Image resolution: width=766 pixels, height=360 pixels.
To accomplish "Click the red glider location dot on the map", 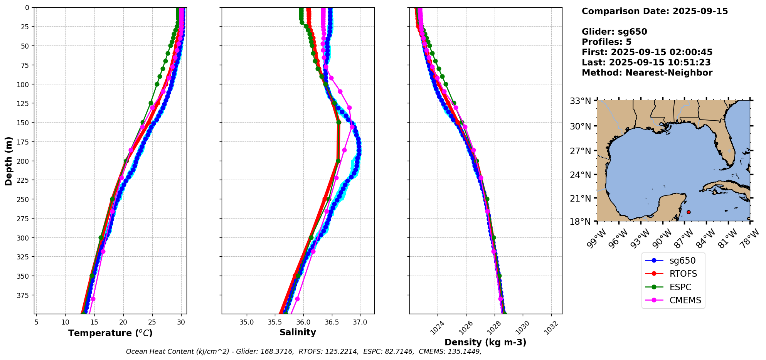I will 689,212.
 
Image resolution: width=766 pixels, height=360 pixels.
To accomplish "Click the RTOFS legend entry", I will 683,274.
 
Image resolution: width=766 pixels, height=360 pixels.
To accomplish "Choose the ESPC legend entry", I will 680,287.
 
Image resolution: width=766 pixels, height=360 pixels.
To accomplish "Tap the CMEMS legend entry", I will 685,301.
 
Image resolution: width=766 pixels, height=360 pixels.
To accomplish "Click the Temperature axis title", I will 110,333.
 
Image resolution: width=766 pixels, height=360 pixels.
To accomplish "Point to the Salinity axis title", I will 298,333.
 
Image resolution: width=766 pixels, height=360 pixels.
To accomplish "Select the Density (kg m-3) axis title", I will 485,342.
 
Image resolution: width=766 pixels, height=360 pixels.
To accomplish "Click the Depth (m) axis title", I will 9,161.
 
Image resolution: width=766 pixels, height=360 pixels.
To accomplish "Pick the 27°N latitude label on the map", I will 580,151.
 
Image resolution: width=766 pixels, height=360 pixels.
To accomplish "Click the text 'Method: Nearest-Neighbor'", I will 647,73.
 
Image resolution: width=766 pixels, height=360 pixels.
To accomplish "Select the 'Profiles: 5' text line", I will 606,42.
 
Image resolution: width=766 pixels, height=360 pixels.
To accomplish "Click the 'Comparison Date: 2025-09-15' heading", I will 655,11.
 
